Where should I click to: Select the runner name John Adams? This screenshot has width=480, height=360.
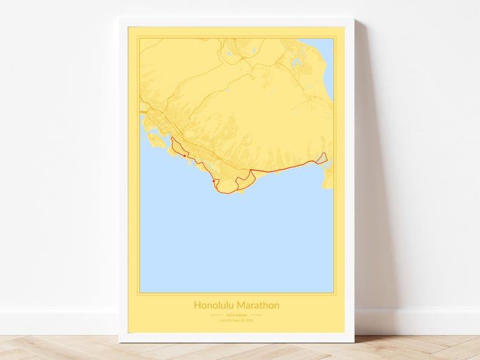pos(236,315)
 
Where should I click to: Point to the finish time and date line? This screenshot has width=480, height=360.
pos(236,320)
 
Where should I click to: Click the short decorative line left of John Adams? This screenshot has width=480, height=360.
pos(216,315)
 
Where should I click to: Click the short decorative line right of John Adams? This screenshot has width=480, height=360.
pos(256,315)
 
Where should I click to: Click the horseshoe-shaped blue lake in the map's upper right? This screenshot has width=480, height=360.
pos(296,61)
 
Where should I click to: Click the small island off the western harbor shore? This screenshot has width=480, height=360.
pos(157,141)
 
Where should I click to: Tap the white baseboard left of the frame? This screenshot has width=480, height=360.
pos(60,320)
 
